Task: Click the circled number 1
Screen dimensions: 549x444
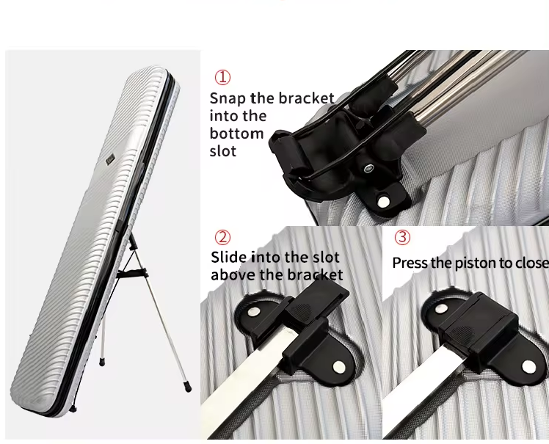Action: [222, 77]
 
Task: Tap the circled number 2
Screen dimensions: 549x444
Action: [222, 237]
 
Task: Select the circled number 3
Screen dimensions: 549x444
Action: [402, 237]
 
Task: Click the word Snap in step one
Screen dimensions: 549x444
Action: [228, 99]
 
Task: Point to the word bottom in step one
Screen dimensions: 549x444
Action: [236, 134]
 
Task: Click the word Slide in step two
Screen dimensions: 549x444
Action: [228, 258]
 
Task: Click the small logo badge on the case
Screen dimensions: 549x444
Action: [110, 160]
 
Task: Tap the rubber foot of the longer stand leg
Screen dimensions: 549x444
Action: [188, 387]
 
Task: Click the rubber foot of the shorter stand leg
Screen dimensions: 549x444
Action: [101, 362]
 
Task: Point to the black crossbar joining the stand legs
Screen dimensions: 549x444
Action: [131, 273]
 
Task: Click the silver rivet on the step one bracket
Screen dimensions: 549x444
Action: [384, 201]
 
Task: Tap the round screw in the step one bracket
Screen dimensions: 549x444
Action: [368, 169]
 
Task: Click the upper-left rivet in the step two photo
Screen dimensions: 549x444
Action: [253, 311]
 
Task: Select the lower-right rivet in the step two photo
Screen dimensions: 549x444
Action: [339, 367]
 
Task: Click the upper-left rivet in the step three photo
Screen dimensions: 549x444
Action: [441, 308]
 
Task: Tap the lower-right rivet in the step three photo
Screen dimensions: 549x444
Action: [528, 367]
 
